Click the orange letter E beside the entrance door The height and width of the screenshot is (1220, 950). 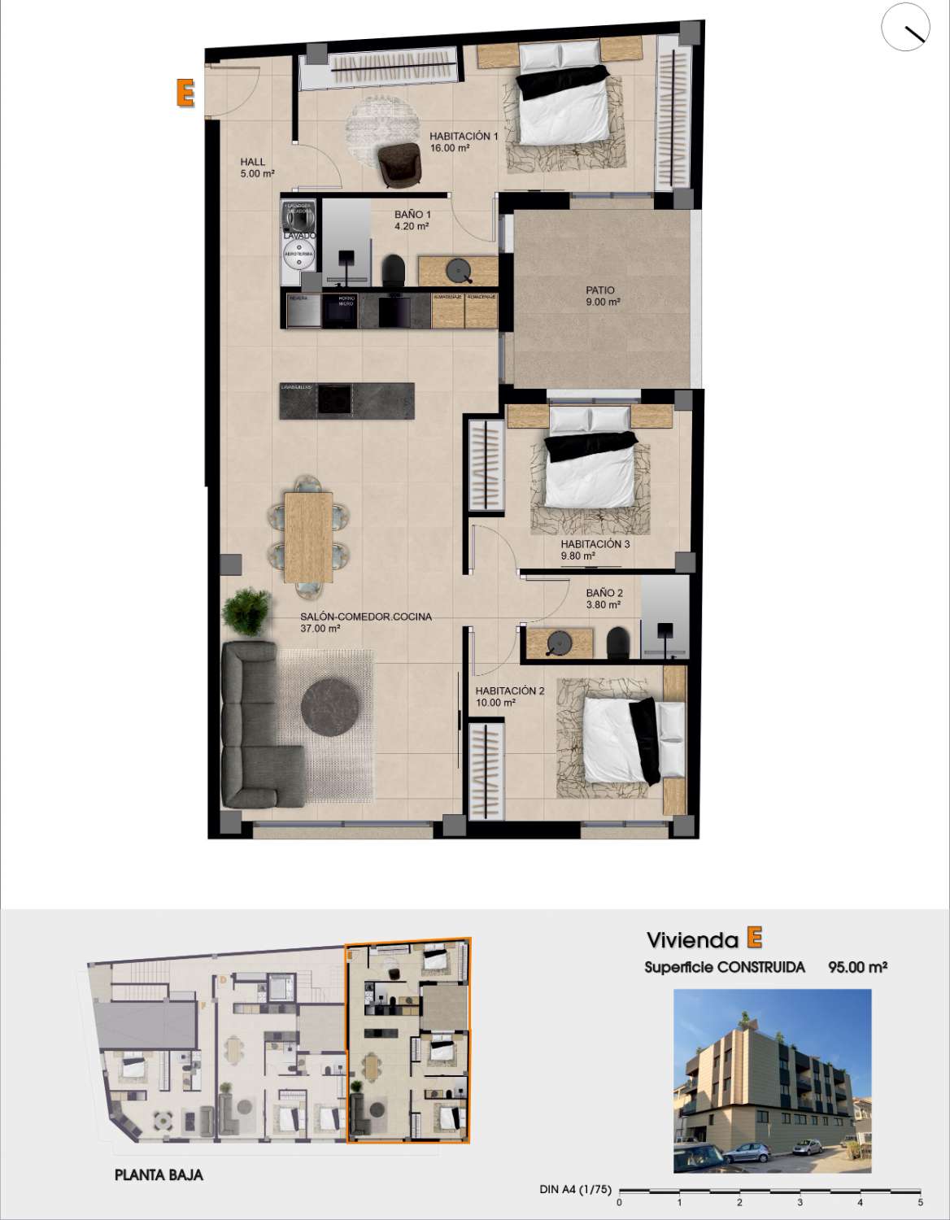[185, 94]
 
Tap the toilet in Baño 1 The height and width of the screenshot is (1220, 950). [394, 270]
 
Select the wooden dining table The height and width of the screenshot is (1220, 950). [309, 536]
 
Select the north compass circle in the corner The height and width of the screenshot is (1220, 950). [905, 27]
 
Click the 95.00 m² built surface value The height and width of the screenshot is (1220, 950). [857, 967]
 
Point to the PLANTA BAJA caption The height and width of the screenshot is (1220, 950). [159, 1175]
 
